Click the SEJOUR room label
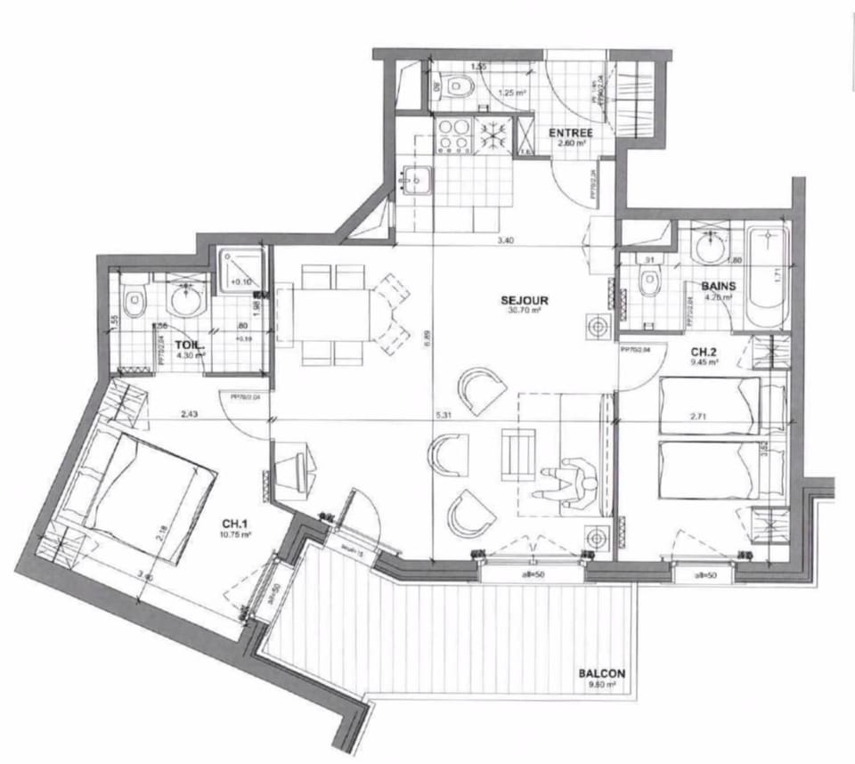coord(524,300)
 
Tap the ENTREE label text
coord(570,134)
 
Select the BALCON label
coord(600,674)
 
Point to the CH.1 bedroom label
coord(235,523)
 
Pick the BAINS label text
coord(717,286)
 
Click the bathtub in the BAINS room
coord(767,278)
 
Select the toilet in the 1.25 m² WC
coord(459,87)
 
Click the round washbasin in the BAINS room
coord(712,248)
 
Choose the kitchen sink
coord(415,182)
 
